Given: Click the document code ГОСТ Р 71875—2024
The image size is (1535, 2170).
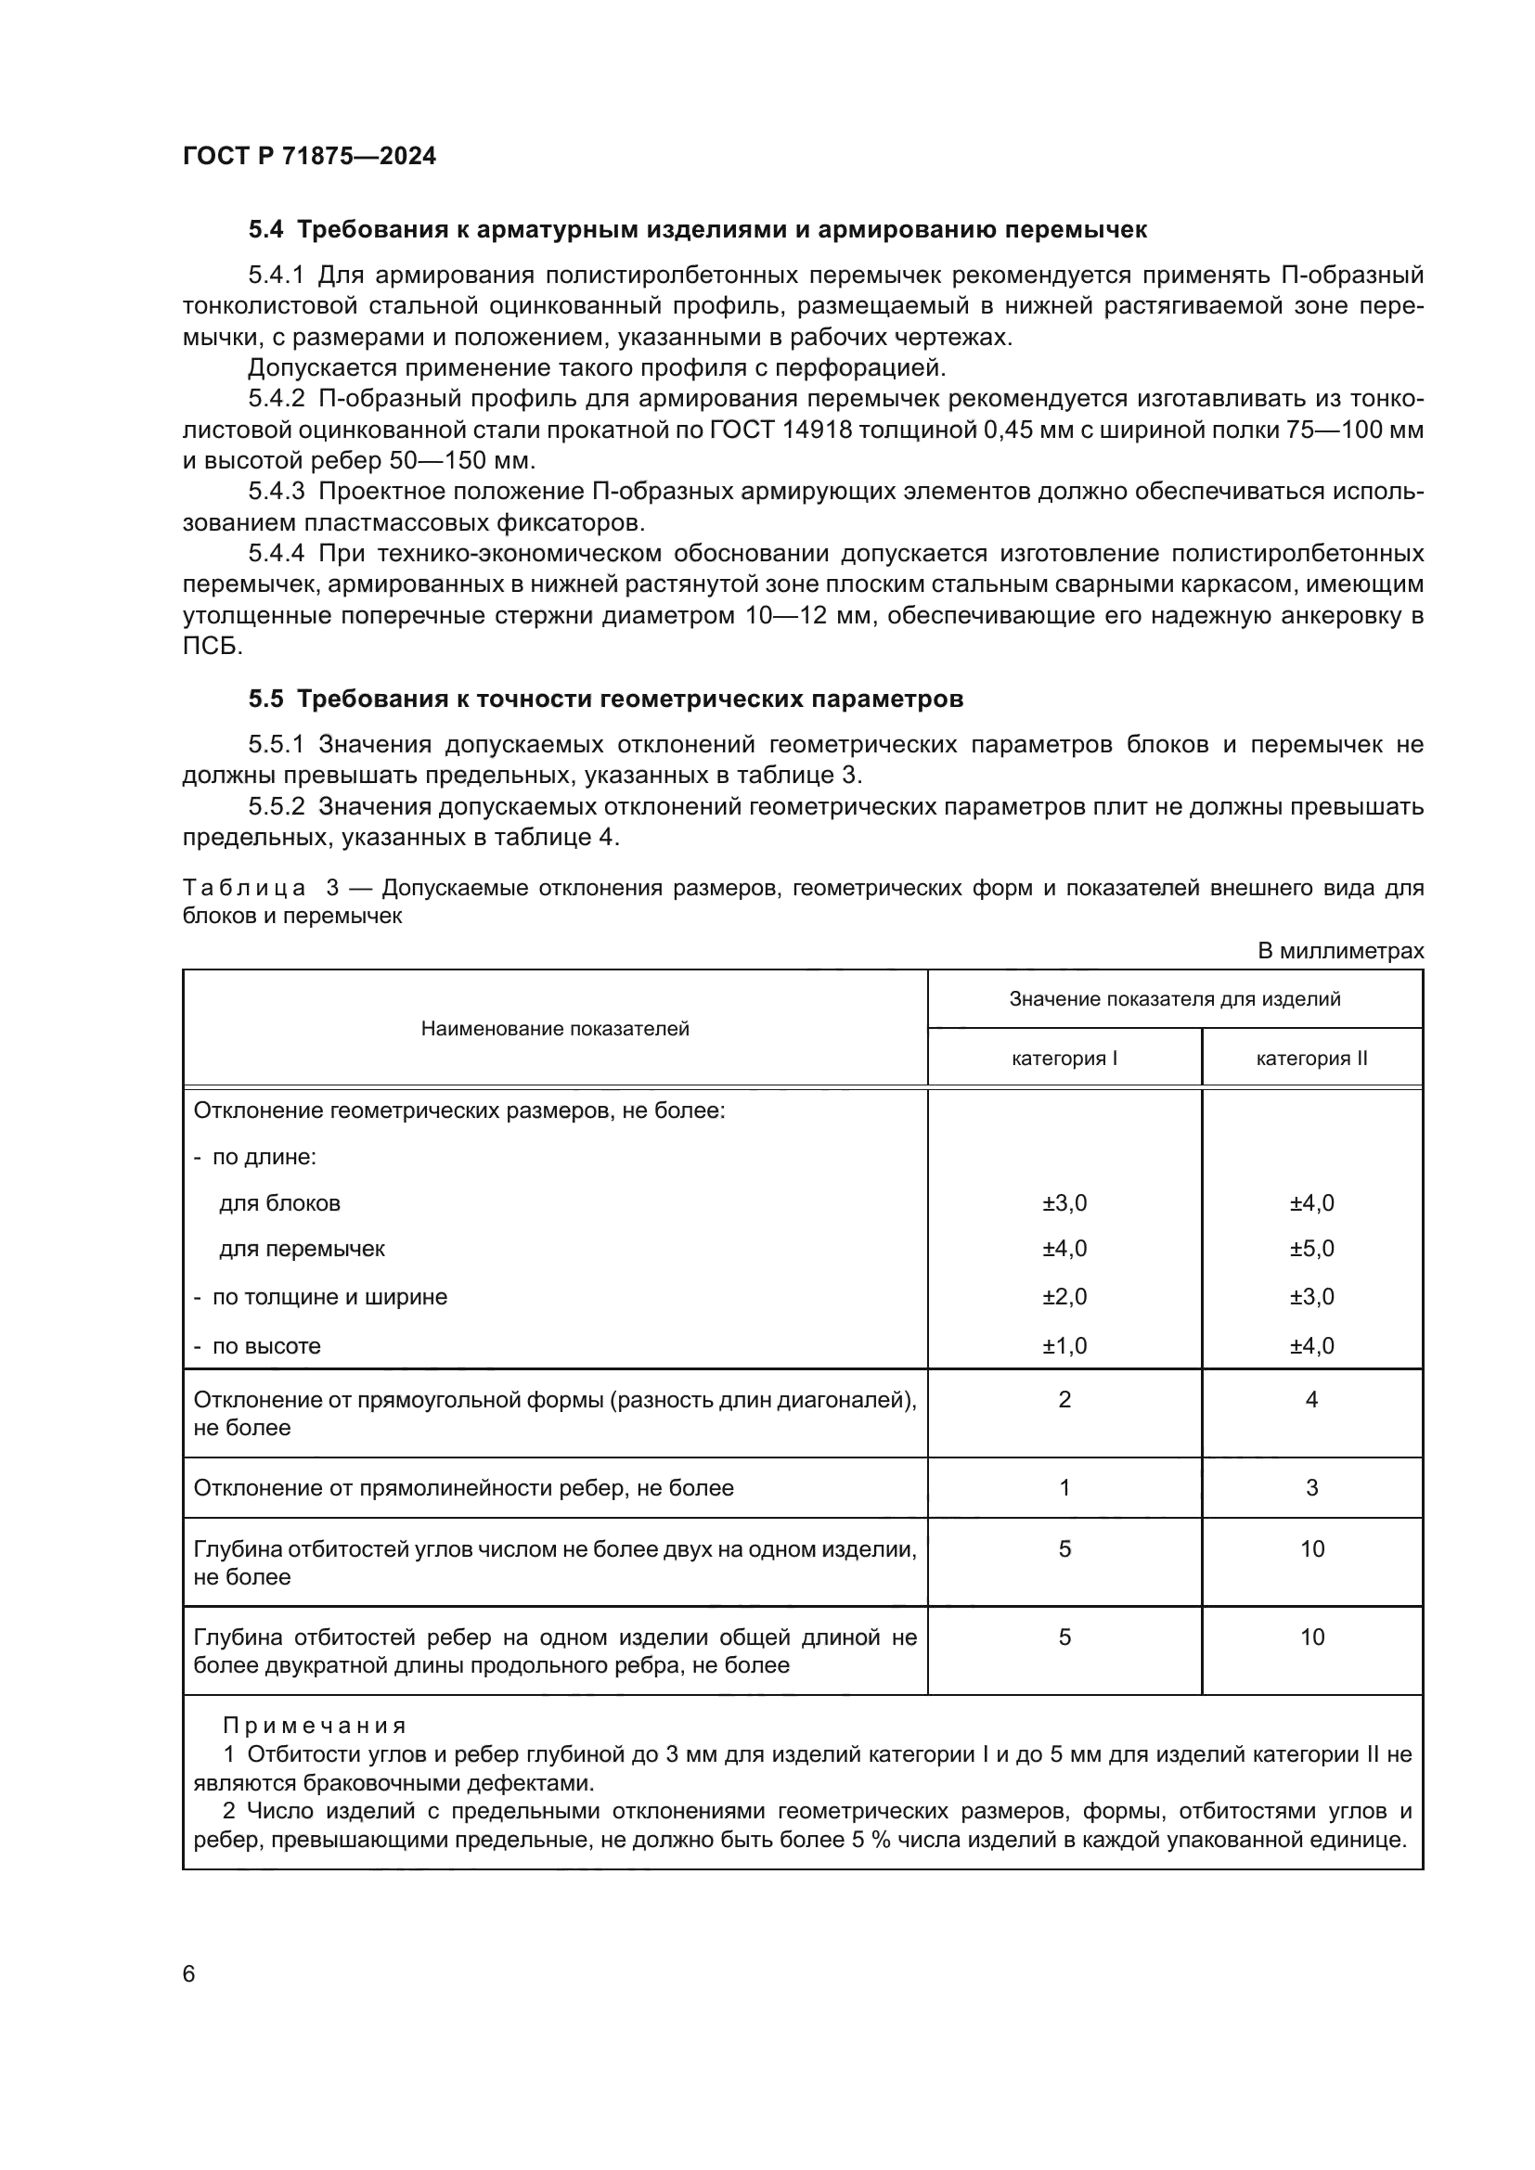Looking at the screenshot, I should [309, 156].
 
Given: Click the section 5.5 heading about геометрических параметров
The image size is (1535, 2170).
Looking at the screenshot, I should [605, 699].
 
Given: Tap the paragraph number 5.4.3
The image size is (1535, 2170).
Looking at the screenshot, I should [276, 492].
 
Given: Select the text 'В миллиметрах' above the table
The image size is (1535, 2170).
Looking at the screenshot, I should [1339, 951].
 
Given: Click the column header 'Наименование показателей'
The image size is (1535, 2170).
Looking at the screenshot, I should [555, 1028].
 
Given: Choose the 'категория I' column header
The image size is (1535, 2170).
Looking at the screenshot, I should [1064, 1059].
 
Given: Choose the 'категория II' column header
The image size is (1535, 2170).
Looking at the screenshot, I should [1311, 1059].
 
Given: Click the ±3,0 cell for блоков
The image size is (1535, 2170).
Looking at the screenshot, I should [1064, 1203].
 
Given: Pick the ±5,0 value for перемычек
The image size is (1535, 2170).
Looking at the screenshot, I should [1311, 1249].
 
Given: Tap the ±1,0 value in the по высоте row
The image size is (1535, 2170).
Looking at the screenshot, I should [1064, 1346].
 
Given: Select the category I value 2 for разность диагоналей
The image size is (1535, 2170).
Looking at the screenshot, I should [1064, 1400].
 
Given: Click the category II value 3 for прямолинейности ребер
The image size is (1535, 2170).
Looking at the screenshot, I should [1311, 1487].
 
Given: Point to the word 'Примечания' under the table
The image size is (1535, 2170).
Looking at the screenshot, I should [314, 1726].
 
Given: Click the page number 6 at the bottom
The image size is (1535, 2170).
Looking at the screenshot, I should [189, 1973].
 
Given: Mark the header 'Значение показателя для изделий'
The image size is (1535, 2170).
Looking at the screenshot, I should [1175, 999].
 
